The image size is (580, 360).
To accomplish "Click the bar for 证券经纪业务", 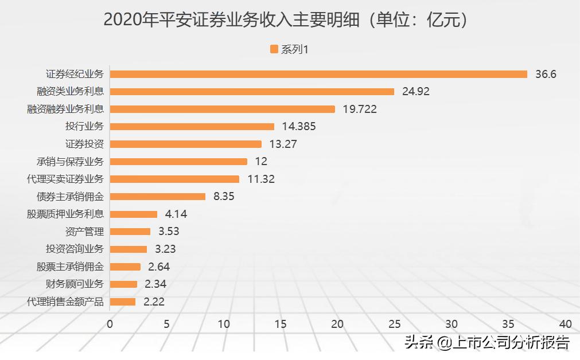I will coord(318,74).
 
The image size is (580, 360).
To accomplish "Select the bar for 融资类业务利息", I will coord(252,92).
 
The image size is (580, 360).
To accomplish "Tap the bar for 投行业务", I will coord(192,127).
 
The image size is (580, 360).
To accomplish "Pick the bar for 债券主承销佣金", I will coord(157,197).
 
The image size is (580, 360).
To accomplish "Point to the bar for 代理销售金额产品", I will coord(122,302).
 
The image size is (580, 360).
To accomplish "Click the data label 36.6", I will coord(546,74).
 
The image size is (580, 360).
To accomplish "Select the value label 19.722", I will coord(359,109).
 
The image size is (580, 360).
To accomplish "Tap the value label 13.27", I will coord(283,144).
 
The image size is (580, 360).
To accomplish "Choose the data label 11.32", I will coord(261,179).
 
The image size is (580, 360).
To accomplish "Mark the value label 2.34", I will coord(155,284).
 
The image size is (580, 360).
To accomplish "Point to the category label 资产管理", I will coord(85,232).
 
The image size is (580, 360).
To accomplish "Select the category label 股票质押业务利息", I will coord(65,214).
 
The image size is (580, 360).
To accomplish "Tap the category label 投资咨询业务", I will coord(75,249).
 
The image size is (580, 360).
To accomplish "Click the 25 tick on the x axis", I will coord(395,324).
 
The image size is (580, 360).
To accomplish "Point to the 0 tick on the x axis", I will coord(110,324).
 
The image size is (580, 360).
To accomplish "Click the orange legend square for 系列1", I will coord(274,49).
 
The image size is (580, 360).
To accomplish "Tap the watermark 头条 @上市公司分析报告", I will coord(487,343).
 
